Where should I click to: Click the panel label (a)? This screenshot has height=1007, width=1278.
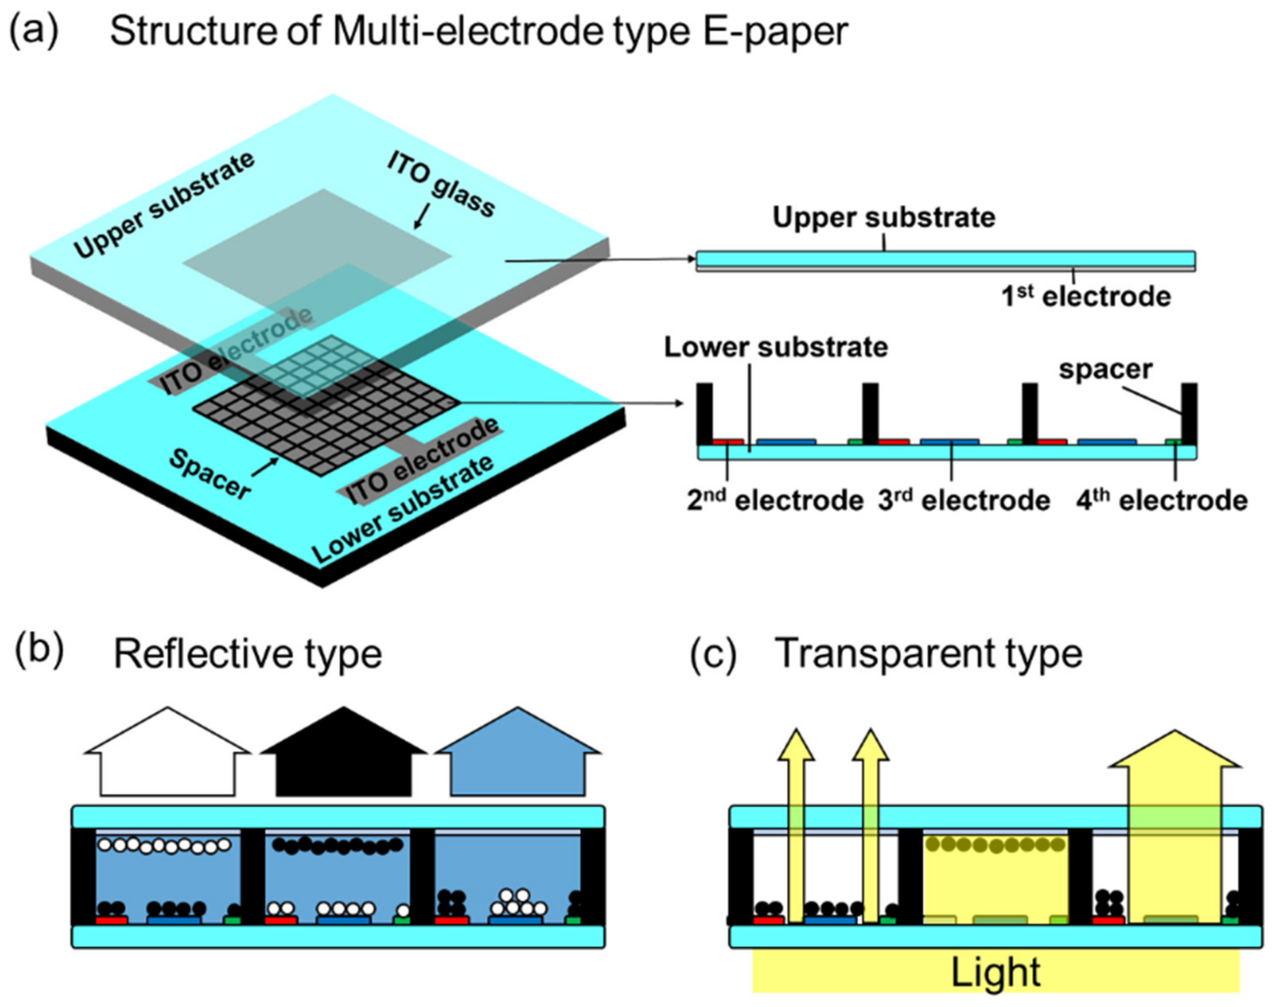pyautogui.click(x=34, y=31)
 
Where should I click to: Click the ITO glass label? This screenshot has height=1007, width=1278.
pyautogui.click(x=441, y=184)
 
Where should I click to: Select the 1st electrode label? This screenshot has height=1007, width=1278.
pyautogui.click(x=1086, y=296)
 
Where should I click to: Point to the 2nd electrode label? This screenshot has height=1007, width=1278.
pyautogui.click(x=775, y=501)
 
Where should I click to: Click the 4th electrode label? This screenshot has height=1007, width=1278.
pyautogui.click(x=1161, y=501)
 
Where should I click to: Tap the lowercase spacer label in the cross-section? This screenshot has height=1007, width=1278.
pyautogui.click(x=1105, y=370)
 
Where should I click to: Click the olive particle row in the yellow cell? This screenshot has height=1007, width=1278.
pyautogui.click(x=996, y=844)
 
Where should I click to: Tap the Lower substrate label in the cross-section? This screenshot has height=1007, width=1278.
pyautogui.click(x=776, y=347)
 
